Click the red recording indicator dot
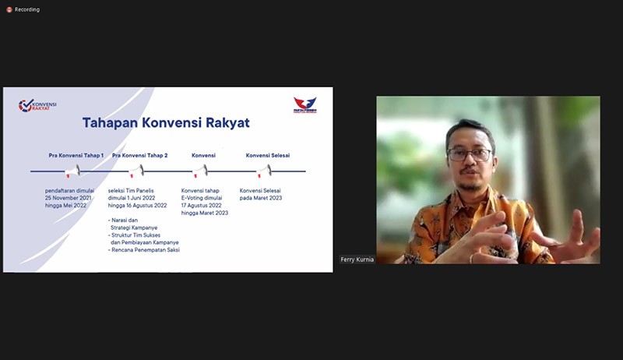9,9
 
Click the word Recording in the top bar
26,9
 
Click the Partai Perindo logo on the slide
305,105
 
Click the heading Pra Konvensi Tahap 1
76,155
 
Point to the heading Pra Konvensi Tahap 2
140,155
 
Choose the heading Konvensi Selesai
268,155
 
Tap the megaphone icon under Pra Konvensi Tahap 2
137,170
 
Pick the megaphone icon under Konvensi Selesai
265,170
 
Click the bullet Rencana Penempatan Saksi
145,249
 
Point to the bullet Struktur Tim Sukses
142,235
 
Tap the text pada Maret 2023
261,198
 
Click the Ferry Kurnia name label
357,259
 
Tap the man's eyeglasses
470,154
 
